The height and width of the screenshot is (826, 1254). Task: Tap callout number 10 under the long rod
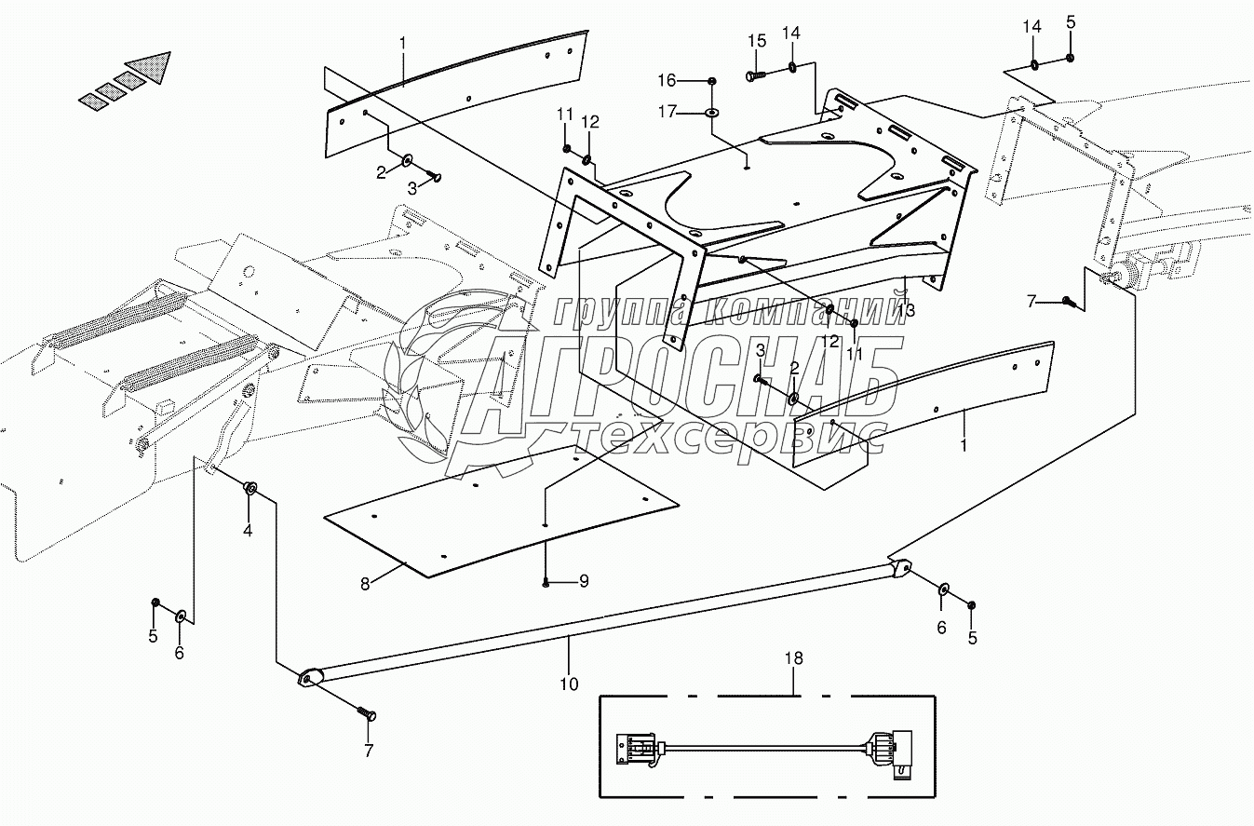click(x=569, y=684)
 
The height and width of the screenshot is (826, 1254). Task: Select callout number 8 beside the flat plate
click(x=365, y=584)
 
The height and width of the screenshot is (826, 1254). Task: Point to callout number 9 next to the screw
click(x=584, y=581)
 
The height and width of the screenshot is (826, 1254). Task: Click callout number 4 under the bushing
click(x=248, y=531)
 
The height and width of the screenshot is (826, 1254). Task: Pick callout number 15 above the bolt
click(x=757, y=41)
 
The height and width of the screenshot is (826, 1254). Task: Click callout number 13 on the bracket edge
click(x=905, y=310)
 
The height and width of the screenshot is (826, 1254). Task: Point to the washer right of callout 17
click(x=712, y=113)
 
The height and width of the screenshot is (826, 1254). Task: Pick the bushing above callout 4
click(x=249, y=489)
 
